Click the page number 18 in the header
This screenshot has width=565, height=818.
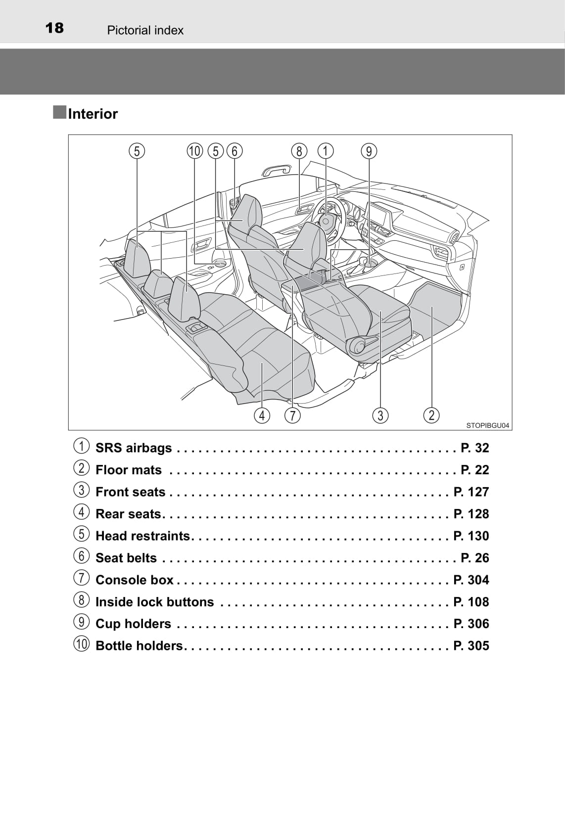(x=54, y=28)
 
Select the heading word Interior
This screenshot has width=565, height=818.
(x=93, y=114)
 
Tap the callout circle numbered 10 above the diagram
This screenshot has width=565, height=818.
(x=195, y=151)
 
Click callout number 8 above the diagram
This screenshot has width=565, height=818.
(x=299, y=151)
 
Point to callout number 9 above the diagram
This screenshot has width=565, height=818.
(x=369, y=151)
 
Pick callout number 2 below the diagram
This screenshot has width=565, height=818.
(x=431, y=415)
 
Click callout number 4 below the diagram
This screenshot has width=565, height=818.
(x=262, y=415)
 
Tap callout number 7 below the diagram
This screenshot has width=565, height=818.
(x=292, y=415)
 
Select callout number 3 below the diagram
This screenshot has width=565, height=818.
(x=380, y=415)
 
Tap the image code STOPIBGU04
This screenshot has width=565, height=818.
(x=487, y=425)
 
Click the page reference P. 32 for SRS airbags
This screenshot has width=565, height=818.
(x=474, y=448)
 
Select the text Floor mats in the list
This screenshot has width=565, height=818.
(x=129, y=470)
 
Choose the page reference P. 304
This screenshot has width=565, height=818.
(x=471, y=580)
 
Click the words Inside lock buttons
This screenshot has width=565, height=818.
(x=154, y=602)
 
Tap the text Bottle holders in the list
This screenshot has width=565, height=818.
(x=139, y=646)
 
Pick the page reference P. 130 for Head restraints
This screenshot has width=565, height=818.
(x=471, y=536)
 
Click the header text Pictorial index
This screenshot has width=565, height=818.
(x=145, y=30)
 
